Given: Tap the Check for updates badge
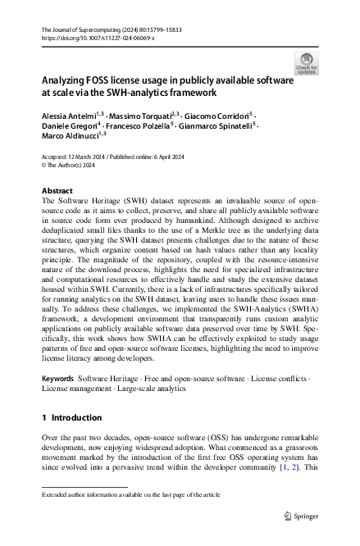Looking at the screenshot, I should (x=305, y=64).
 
